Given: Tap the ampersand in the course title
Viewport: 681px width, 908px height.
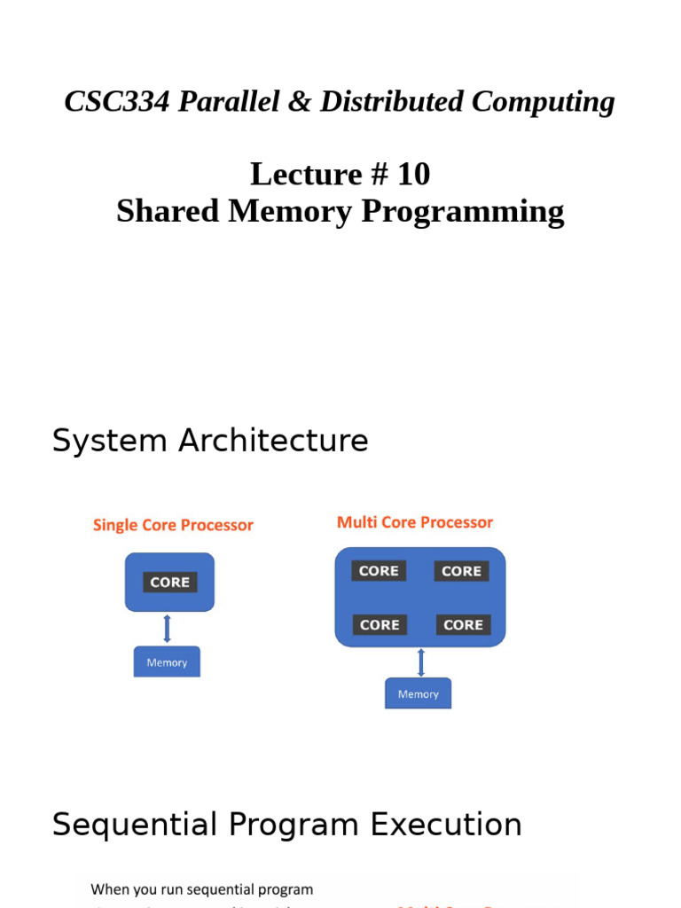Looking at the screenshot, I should (x=301, y=102).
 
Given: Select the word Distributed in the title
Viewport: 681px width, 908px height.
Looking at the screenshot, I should (x=390, y=102).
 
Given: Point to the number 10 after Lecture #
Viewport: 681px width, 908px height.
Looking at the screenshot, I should (x=413, y=174).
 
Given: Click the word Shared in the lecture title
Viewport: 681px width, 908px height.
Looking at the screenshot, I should (x=165, y=212).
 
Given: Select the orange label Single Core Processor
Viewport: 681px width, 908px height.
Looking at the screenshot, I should (x=173, y=525).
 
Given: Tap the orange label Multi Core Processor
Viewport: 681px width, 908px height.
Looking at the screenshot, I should (x=414, y=522).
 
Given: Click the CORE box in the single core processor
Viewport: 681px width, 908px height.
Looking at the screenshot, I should (x=169, y=583).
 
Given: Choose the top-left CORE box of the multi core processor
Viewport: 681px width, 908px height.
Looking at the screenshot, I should (x=379, y=571).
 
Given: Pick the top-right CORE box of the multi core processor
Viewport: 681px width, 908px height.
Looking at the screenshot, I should (x=461, y=571).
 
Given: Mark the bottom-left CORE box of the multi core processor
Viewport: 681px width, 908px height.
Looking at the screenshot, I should (x=380, y=625).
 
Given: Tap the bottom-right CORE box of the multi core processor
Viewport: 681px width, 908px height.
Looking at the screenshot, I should (x=463, y=625).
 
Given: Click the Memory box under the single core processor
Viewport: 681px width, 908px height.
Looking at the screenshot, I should (x=167, y=662).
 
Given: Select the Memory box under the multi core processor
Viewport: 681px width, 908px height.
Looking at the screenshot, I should (x=418, y=694).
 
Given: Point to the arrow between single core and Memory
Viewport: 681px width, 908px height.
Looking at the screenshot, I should (x=167, y=629).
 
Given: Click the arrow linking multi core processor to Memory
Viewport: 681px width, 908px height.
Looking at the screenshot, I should (x=419, y=662).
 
